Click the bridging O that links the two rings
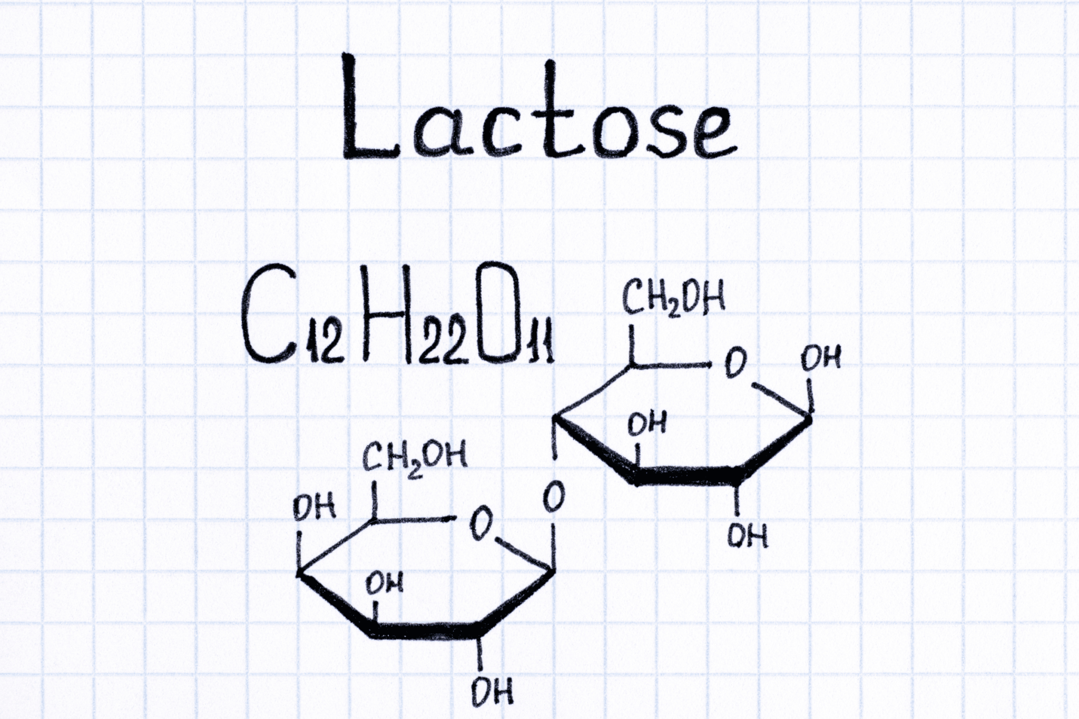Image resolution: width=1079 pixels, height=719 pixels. pyautogui.click(x=554, y=497)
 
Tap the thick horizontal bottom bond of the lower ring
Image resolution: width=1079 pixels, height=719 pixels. pyautogui.click(x=426, y=631)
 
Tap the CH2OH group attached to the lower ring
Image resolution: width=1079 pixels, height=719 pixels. pyautogui.click(x=414, y=458)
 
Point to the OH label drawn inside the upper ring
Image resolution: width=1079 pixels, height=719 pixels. pyautogui.click(x=647, y=423)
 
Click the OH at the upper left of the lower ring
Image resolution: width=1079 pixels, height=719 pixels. pyautogui.click(x=315, y=508)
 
